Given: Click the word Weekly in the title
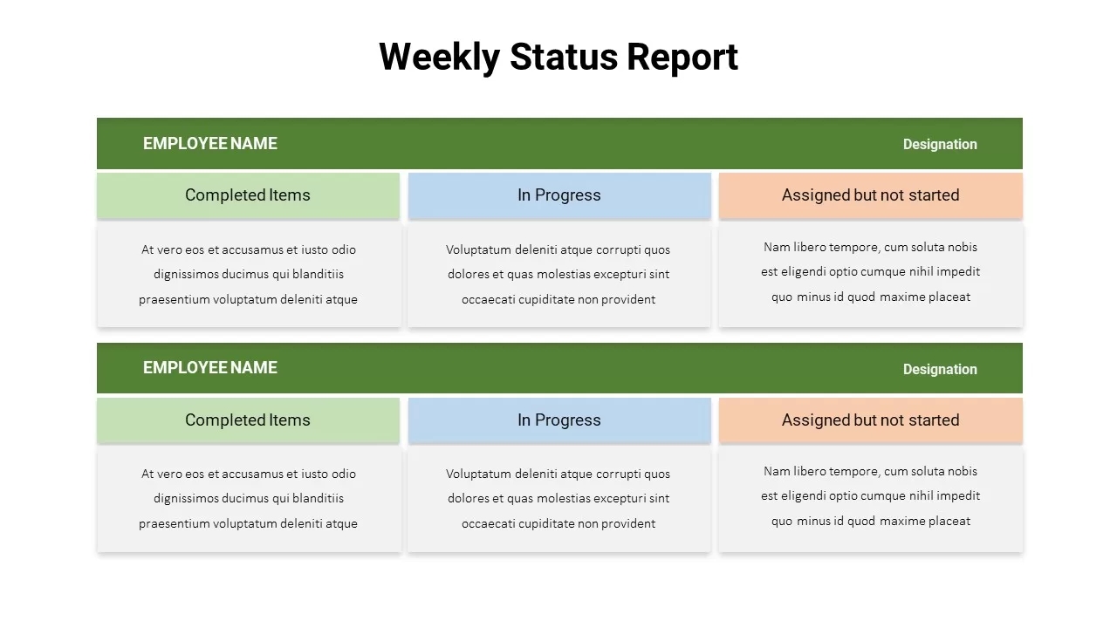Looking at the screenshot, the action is click(439, 58).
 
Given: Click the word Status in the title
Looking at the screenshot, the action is click(564, 57).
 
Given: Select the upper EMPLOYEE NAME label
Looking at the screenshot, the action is click(210, 144).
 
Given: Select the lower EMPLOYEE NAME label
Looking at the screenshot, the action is click(210, 368).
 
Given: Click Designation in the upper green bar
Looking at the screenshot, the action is click(940, 145).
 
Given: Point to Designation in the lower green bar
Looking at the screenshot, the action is click(940, 369).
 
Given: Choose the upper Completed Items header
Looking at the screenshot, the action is click(248, 195).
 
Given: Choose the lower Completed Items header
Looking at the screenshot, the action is click(248, 420).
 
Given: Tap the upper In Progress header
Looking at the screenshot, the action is click(559, 195).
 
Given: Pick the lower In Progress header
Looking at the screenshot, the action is click(559, 420).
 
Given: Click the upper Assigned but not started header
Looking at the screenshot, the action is click(871, 195).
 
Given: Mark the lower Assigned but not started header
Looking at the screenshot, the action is click(871, 420).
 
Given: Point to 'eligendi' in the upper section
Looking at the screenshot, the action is click(804, 271).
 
